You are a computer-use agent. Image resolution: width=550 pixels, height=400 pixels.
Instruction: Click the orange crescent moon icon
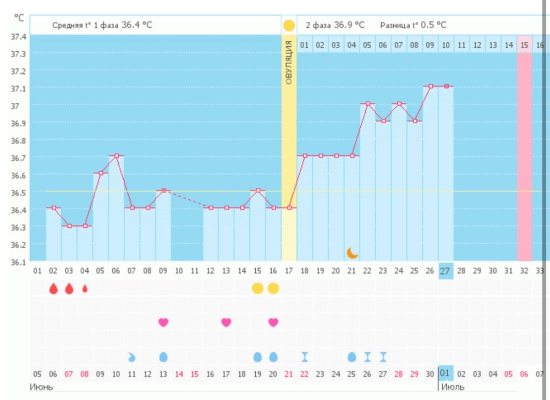click(x=353, y=253)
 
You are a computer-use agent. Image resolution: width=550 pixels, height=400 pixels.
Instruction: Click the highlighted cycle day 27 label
click(x=446, y=271)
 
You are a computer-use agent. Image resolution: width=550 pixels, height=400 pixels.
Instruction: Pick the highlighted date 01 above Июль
click(x=446, y=374)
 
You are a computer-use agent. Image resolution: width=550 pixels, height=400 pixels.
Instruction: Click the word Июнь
click(x=41, y=386)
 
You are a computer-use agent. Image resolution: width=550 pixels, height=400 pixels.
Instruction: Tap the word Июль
click(x=453, y=386)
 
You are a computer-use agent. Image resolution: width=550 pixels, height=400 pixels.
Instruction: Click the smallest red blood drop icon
click(x=85, y=288)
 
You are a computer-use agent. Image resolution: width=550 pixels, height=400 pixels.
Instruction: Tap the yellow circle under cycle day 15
click(x=257, y=288)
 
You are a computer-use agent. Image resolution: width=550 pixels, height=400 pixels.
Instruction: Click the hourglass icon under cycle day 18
click(x=305, y=357)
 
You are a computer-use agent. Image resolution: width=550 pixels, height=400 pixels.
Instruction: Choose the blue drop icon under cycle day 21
click(x=352, y=357)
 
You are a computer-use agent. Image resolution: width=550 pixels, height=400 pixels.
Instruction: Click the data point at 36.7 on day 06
click(x=116, y=156)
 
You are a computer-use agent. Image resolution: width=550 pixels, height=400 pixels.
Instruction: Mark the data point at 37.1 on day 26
click(x=431, y=86)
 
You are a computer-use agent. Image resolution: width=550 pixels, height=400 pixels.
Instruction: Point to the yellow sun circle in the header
click(x=289, y=25)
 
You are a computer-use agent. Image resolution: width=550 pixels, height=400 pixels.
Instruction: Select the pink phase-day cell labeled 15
click(x=525, y=45)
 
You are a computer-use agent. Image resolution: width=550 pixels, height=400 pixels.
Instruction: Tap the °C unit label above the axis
click(x=19, y=18)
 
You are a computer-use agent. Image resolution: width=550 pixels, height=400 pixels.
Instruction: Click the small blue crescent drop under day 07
click(x=131, y=357)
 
